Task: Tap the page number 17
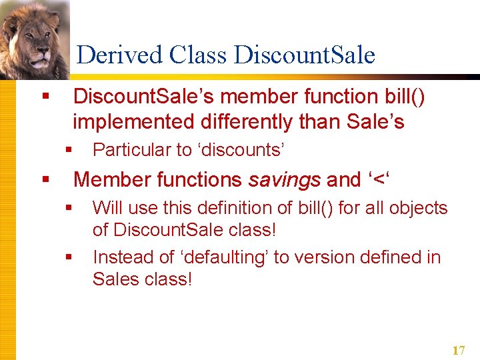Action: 458,350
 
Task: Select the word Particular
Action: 132,150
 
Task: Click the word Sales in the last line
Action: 115,279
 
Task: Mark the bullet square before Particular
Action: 69,150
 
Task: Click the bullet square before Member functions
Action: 45,179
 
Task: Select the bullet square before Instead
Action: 69,257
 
